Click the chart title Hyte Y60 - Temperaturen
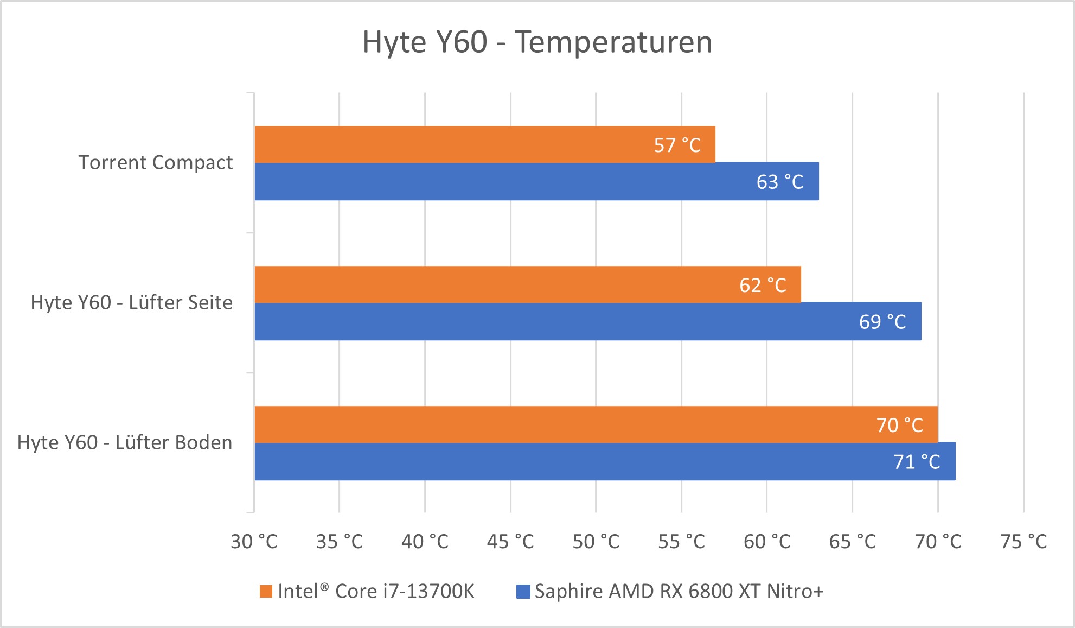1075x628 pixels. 537,42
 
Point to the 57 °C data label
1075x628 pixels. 677,145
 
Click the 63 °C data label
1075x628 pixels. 779,182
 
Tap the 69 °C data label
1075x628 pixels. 882,322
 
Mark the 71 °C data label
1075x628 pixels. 917,462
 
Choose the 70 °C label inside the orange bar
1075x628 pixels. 899,425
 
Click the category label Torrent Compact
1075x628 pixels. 156,162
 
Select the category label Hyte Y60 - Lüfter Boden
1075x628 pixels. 125,442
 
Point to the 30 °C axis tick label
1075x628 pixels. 254,542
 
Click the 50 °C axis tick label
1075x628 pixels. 596,542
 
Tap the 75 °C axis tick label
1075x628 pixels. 1023,542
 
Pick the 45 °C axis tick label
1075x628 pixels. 510,542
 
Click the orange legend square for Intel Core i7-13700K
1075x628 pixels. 266,591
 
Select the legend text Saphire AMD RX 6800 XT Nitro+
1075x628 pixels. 679,591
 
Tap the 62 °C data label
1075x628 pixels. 762,286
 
